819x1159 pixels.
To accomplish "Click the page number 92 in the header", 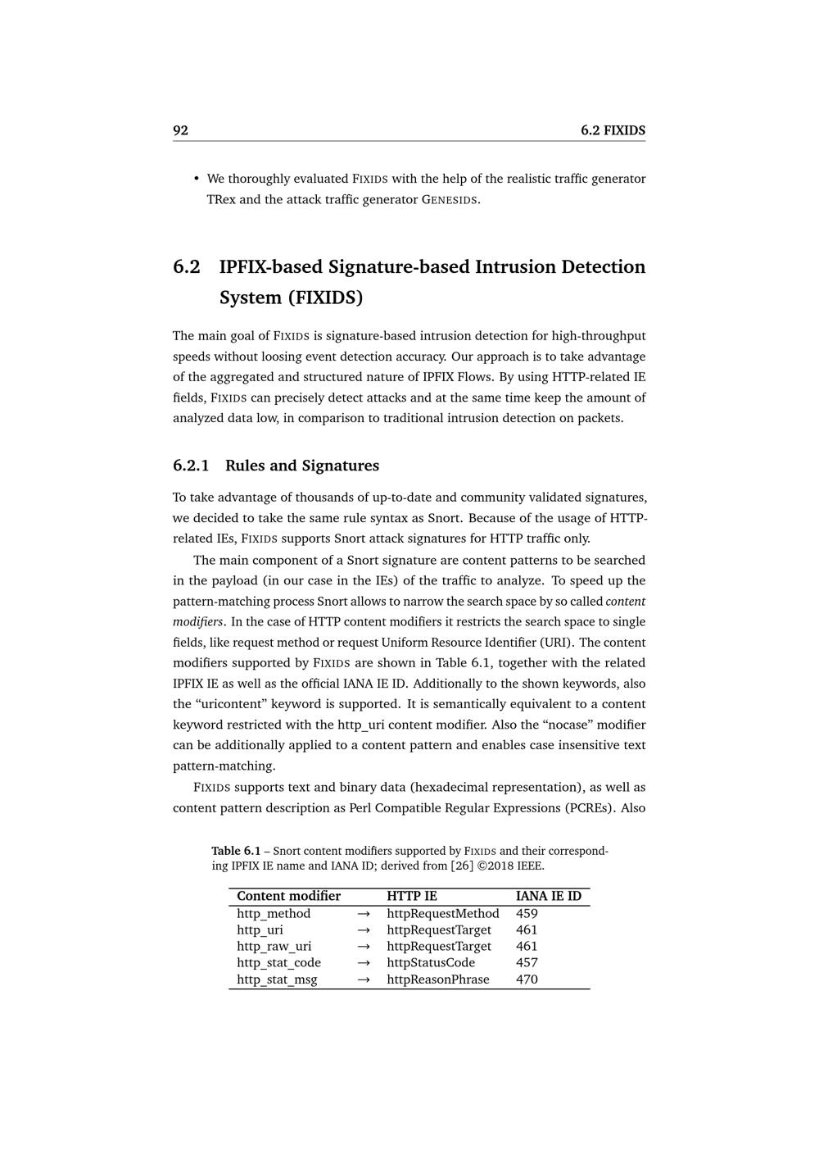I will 180,130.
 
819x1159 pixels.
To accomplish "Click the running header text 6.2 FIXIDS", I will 613,130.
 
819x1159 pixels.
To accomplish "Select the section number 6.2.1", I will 191,466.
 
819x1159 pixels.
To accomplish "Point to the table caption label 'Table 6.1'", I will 236,851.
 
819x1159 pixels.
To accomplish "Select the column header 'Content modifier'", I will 288,896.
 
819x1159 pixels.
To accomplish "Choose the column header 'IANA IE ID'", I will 549,896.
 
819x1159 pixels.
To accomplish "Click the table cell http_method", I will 274,913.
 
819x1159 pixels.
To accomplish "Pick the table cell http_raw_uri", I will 274,946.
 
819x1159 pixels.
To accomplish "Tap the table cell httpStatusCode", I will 431,962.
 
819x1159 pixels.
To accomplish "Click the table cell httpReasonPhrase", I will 438,979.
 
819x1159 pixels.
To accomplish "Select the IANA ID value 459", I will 527,913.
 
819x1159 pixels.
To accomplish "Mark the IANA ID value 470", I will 527,979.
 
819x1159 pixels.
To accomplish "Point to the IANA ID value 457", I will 527,962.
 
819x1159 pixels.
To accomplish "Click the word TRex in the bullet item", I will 221,199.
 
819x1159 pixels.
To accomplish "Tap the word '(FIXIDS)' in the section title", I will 324,298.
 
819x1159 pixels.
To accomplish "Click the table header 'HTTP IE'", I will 412,896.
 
